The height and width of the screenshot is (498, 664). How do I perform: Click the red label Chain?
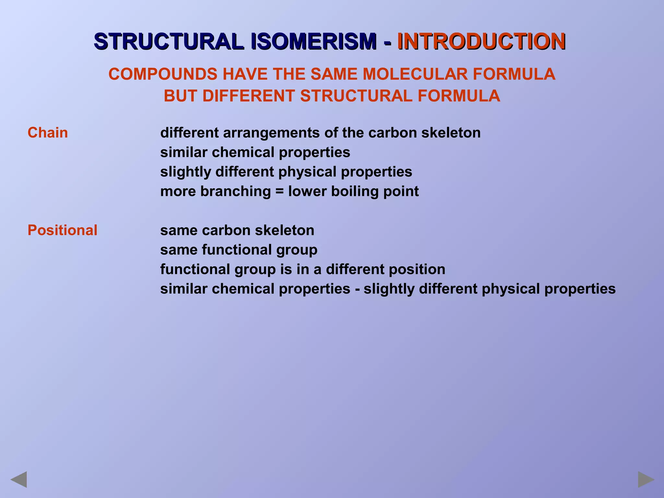tap(48, 133)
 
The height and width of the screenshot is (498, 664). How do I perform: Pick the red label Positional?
tap(62, 231)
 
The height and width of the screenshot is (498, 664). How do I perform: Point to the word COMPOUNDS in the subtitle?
tap(163, 74)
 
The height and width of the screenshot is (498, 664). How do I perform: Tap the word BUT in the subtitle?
tap(180, 96)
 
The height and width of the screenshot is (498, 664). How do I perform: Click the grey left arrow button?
tap(18, 480)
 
